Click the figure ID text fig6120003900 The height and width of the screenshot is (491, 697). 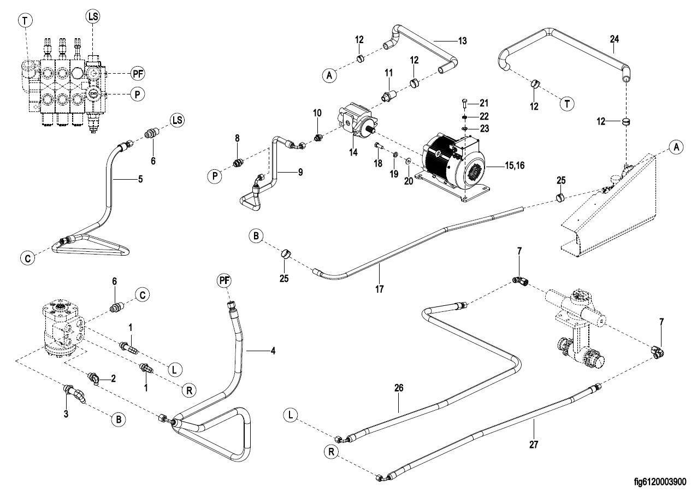tap(660, 481)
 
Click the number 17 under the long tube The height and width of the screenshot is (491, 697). tap(380, 288)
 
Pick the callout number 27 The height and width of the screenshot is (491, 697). tap(534, 444)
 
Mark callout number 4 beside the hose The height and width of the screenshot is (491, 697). tap(272, 350)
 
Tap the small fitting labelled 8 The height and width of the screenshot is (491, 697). tap(238, 162)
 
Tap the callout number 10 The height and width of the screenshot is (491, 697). tap(317, 113)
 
